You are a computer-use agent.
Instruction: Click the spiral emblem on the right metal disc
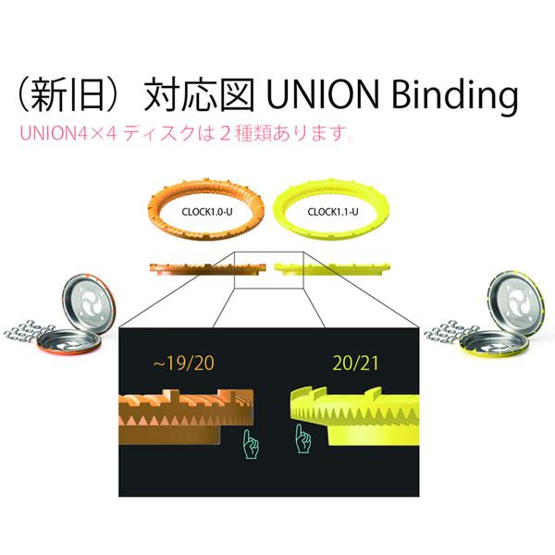512,302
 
